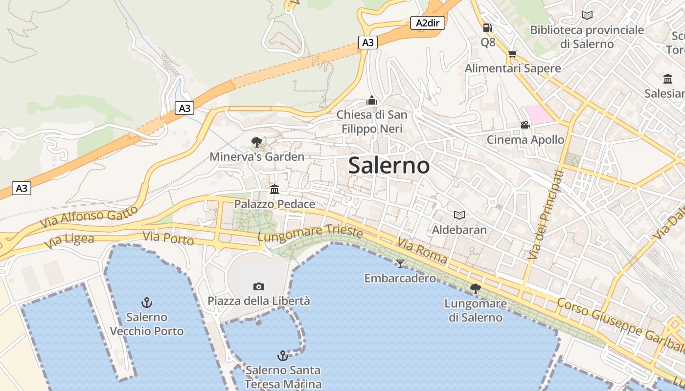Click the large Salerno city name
[389, 166]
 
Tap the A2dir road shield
[427, 23]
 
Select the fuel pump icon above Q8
[487, 28]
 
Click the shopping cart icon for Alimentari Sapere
[512, 54]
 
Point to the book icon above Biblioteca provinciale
[587, 16]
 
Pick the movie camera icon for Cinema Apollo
[525, 125]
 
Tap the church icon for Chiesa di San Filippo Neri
[372, 101]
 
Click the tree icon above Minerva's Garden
[256, 142]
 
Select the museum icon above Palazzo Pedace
[274, 189]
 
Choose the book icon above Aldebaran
[459, 215]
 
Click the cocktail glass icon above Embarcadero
[400, 264]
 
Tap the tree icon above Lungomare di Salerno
[475, 288]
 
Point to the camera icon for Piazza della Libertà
[259, 286]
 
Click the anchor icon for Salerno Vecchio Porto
[146, 303]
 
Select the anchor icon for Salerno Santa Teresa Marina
[282, 355]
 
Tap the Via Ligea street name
[69, 241]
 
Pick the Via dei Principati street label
[547, 215]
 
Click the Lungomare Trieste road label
[310, 233]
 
